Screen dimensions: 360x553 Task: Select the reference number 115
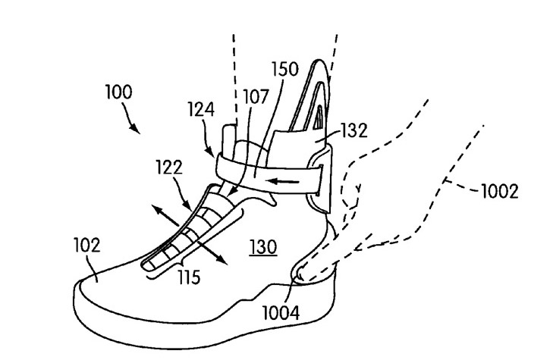pyautogui.click(x=190, y=278)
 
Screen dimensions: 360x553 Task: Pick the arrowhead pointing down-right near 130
pyautogui.click(x=225, y=261)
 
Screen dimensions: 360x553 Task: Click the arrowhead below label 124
pyautogui.click(x=213, y=153)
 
